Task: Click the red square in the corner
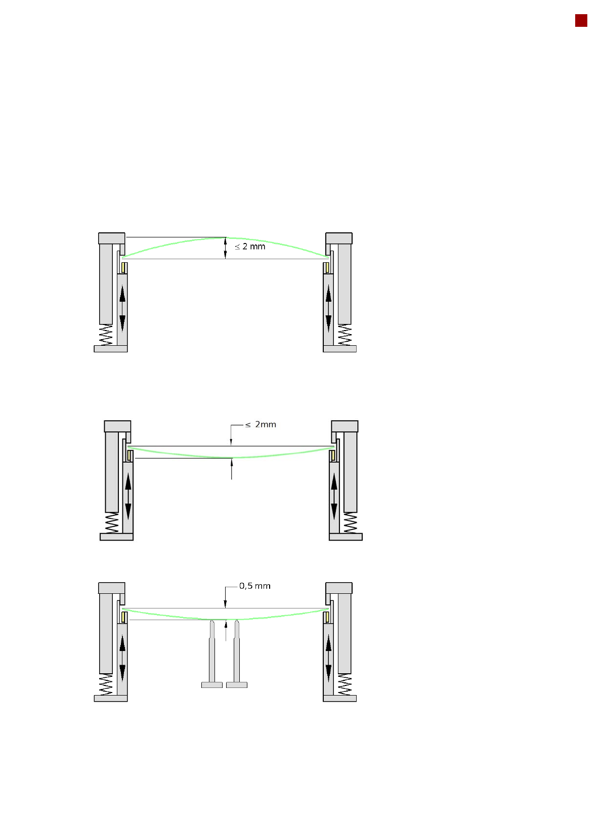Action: pos(581,21)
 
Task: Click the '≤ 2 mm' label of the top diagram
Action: pos(250,247)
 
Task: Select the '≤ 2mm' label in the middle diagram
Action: pos(261,424)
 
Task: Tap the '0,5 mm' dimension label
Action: pos(254,586)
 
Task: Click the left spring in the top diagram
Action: pos(106,335)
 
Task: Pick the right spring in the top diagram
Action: pos(345,335)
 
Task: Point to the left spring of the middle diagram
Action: pos(112,523)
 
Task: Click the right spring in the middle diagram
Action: pos(350,523)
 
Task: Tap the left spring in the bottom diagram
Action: pos(106,684)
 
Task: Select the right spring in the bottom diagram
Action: pos(345,684)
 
